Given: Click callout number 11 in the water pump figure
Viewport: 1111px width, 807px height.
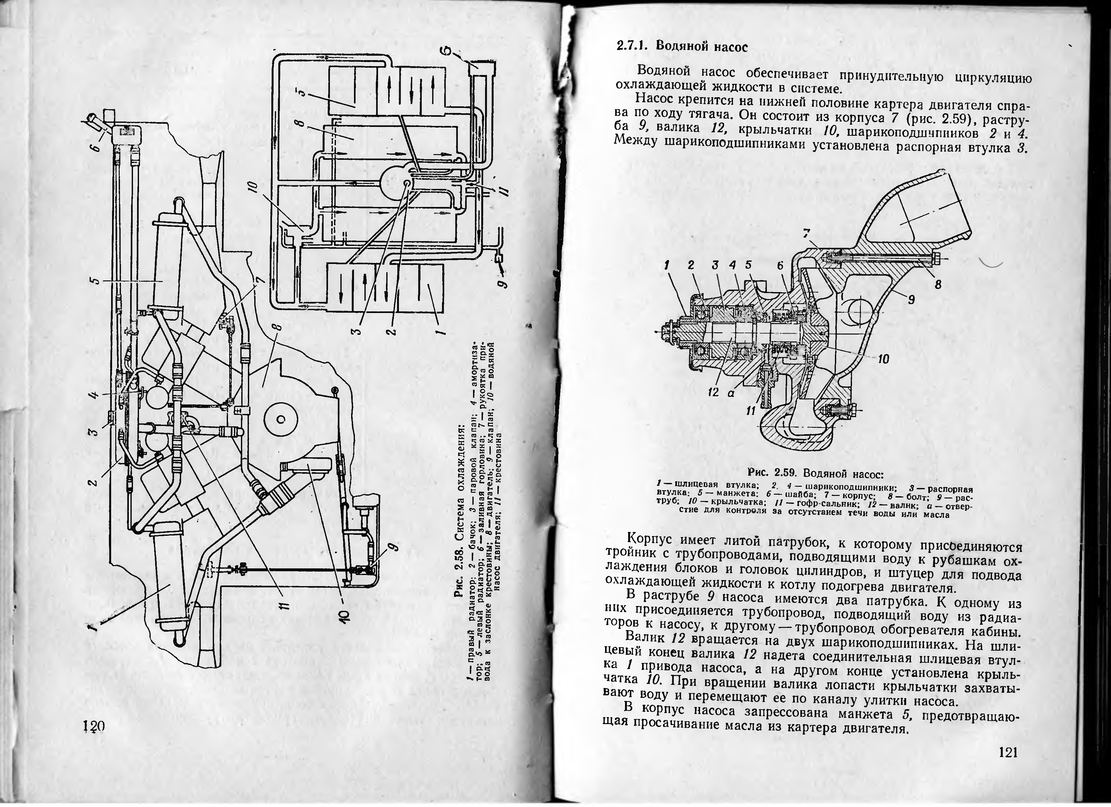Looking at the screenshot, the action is [750, 412].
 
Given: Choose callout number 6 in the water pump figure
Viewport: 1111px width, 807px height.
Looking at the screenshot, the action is [780, 266].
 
